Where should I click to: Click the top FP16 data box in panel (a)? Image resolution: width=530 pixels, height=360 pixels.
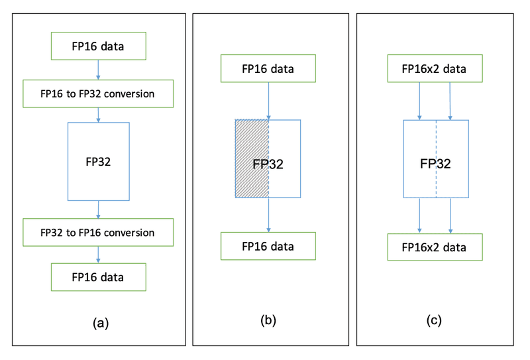98,46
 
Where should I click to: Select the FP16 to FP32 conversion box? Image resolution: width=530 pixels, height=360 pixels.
98,93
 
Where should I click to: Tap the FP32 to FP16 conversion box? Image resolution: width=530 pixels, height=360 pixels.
98,233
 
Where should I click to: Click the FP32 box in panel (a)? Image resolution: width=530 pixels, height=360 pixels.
98,161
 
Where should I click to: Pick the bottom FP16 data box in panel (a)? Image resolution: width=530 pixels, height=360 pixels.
98,277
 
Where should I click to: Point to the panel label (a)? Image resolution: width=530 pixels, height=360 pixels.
99,323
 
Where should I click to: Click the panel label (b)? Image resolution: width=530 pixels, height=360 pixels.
268,321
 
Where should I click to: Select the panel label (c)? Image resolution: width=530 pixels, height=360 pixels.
435,321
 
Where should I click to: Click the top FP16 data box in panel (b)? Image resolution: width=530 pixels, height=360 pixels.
268,69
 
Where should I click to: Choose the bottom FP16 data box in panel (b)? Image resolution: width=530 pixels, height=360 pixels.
268,246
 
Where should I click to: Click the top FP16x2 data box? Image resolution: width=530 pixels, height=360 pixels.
434,69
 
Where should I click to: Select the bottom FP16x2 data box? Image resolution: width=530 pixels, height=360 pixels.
434,247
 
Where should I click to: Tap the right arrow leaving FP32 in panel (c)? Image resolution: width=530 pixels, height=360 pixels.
451,215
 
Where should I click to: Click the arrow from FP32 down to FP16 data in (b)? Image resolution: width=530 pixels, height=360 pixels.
268,215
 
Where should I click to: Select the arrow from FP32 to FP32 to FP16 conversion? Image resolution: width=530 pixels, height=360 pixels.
98,210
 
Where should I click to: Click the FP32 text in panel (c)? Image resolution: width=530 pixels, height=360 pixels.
436,163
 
